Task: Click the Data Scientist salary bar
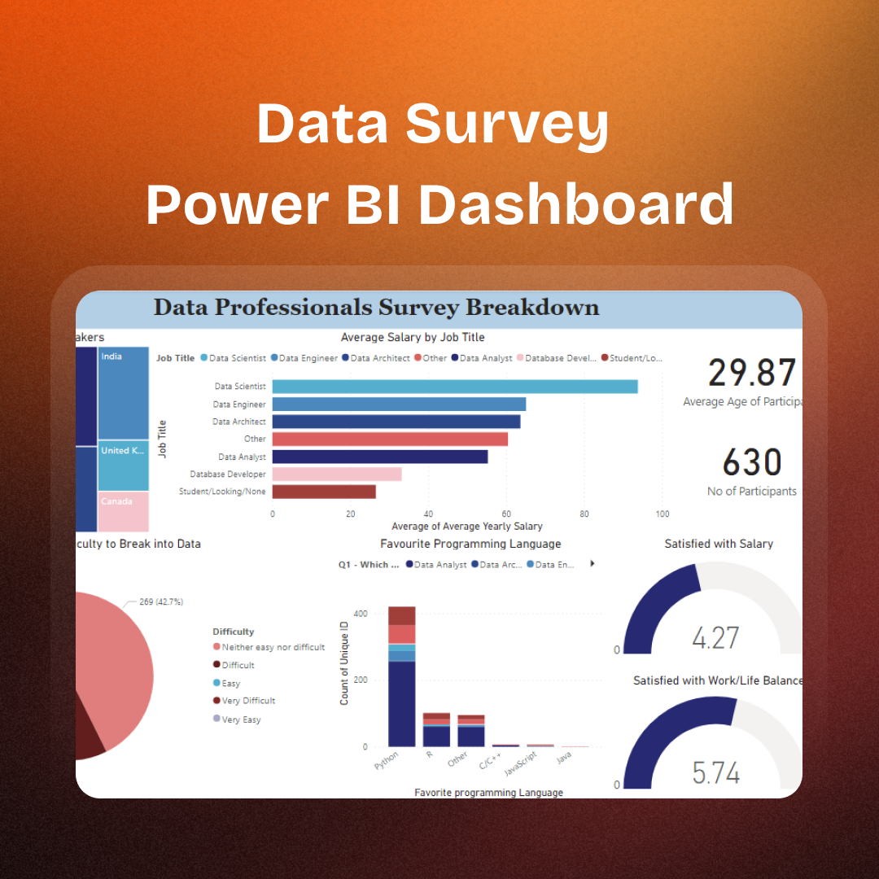(x=454, y=387)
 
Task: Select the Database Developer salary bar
(x=337, y=474)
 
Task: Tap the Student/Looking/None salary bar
(x=324, y=492)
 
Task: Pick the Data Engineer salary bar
(x=399, y=404)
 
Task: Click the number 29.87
(x=751, y=373)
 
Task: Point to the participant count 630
(x=752, y=463)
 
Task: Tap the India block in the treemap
(x=123, y=393)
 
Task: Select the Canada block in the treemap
(x=123, y=511)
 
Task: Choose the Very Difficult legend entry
(x=248, y=701)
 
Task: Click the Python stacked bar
(x=402, y=676)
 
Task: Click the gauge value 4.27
(x=715, y=637)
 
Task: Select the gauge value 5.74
(x=716, y=772)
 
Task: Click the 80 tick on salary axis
(x=584, y=514)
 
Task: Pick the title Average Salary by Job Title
(x=413, y=337)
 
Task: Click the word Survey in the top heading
(x=507, y=123)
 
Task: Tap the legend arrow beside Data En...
(x=593, y=563)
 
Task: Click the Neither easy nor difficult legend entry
(x=273, y=647)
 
